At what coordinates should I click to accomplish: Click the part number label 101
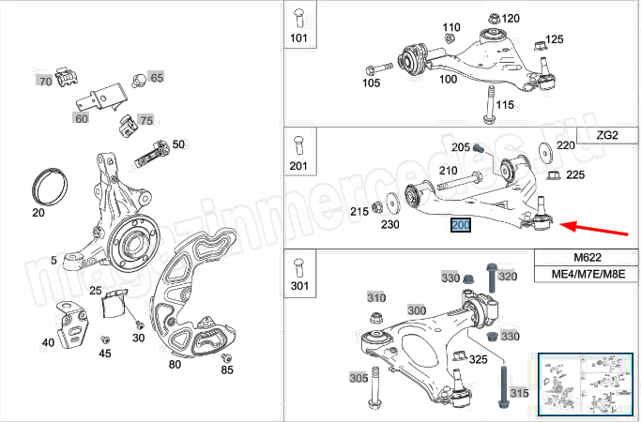click(299, 38)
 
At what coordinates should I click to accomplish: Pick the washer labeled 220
click(545, 152)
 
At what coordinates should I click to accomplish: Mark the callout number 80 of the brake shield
click(175, 364)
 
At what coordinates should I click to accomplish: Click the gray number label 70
click(45, 82)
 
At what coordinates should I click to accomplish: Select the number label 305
click(358, 378)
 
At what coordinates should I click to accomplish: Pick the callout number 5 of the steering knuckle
click(55, 260)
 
